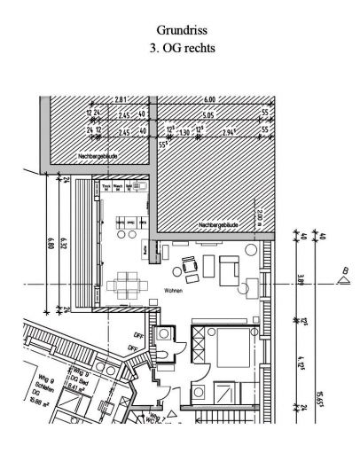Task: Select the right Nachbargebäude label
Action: [x=215, y=224]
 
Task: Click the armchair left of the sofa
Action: [x=190, y=265]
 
